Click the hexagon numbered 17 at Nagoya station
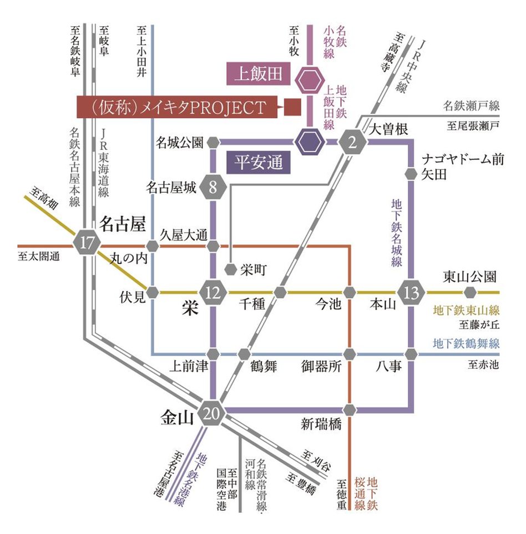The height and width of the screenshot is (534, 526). click(x=87, y=243)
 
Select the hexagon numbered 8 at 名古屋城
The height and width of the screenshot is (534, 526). click(x=213, y=187)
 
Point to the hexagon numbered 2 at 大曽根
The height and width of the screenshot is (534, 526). click(x=351, y=142)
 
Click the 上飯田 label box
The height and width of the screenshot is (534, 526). click(x=258, y=74)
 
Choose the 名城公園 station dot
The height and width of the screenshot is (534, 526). click(x=213, y=142)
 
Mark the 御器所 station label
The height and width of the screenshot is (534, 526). click(x=321, y=367)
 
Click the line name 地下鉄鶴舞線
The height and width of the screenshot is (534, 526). click(x=466, y=343)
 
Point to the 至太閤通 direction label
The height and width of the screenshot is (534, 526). click(x=38, y=257)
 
